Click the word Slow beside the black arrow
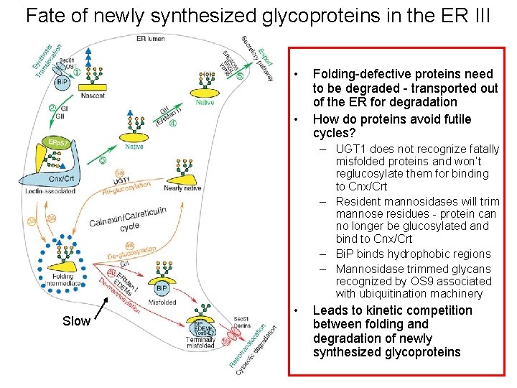tap(76, 321)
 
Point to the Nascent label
tap(93, 95)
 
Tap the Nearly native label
tap(182, 188)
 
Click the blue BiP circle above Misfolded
tap(162, 289)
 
